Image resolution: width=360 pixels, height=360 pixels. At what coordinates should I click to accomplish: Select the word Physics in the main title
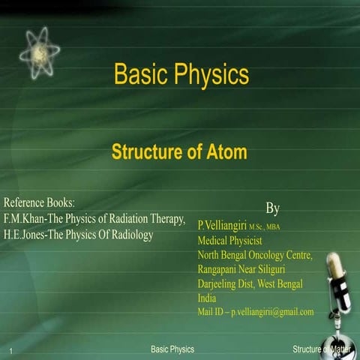(213, 75)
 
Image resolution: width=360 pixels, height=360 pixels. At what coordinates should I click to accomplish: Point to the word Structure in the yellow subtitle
(148, 152)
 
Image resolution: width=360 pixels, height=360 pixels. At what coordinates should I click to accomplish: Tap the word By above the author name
(273, 207)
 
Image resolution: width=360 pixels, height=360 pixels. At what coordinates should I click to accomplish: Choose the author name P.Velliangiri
(221, 224)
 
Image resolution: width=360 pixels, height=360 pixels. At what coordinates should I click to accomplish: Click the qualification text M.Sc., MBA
(264, 226)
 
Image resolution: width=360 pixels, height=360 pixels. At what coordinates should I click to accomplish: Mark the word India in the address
(206, 298)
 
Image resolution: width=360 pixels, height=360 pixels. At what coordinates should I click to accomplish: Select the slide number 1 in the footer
(13, 351)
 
